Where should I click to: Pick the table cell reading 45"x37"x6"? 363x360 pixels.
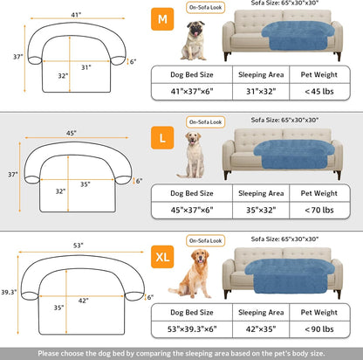(191, 211)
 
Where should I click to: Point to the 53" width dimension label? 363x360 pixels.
(79, 247)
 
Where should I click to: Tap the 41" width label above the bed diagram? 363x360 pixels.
(76, 15)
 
